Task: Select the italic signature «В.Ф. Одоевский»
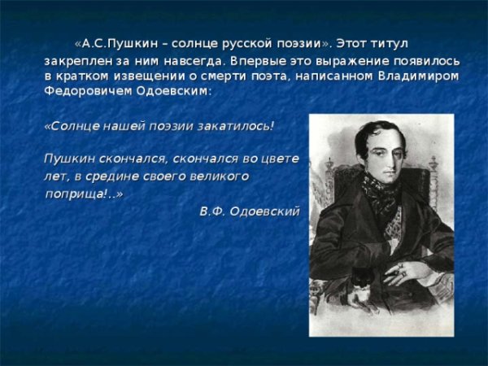249,211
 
